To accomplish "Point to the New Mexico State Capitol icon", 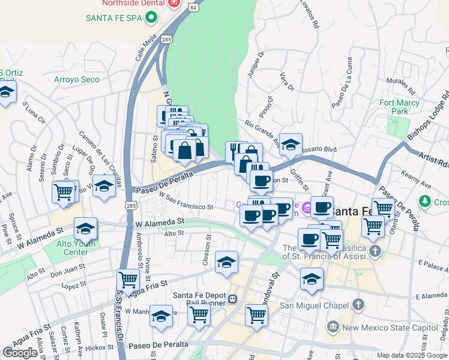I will point(332,327).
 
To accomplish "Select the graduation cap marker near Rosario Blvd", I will point(291,145).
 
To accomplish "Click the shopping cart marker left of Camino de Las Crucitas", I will point(64,192).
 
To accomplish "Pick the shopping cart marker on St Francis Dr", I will point(128,280).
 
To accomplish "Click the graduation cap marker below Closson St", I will point(226,262).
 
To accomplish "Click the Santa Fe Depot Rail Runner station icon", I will point(232,298).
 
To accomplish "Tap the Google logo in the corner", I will point(20,353).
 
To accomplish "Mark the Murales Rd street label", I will point(400,86).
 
